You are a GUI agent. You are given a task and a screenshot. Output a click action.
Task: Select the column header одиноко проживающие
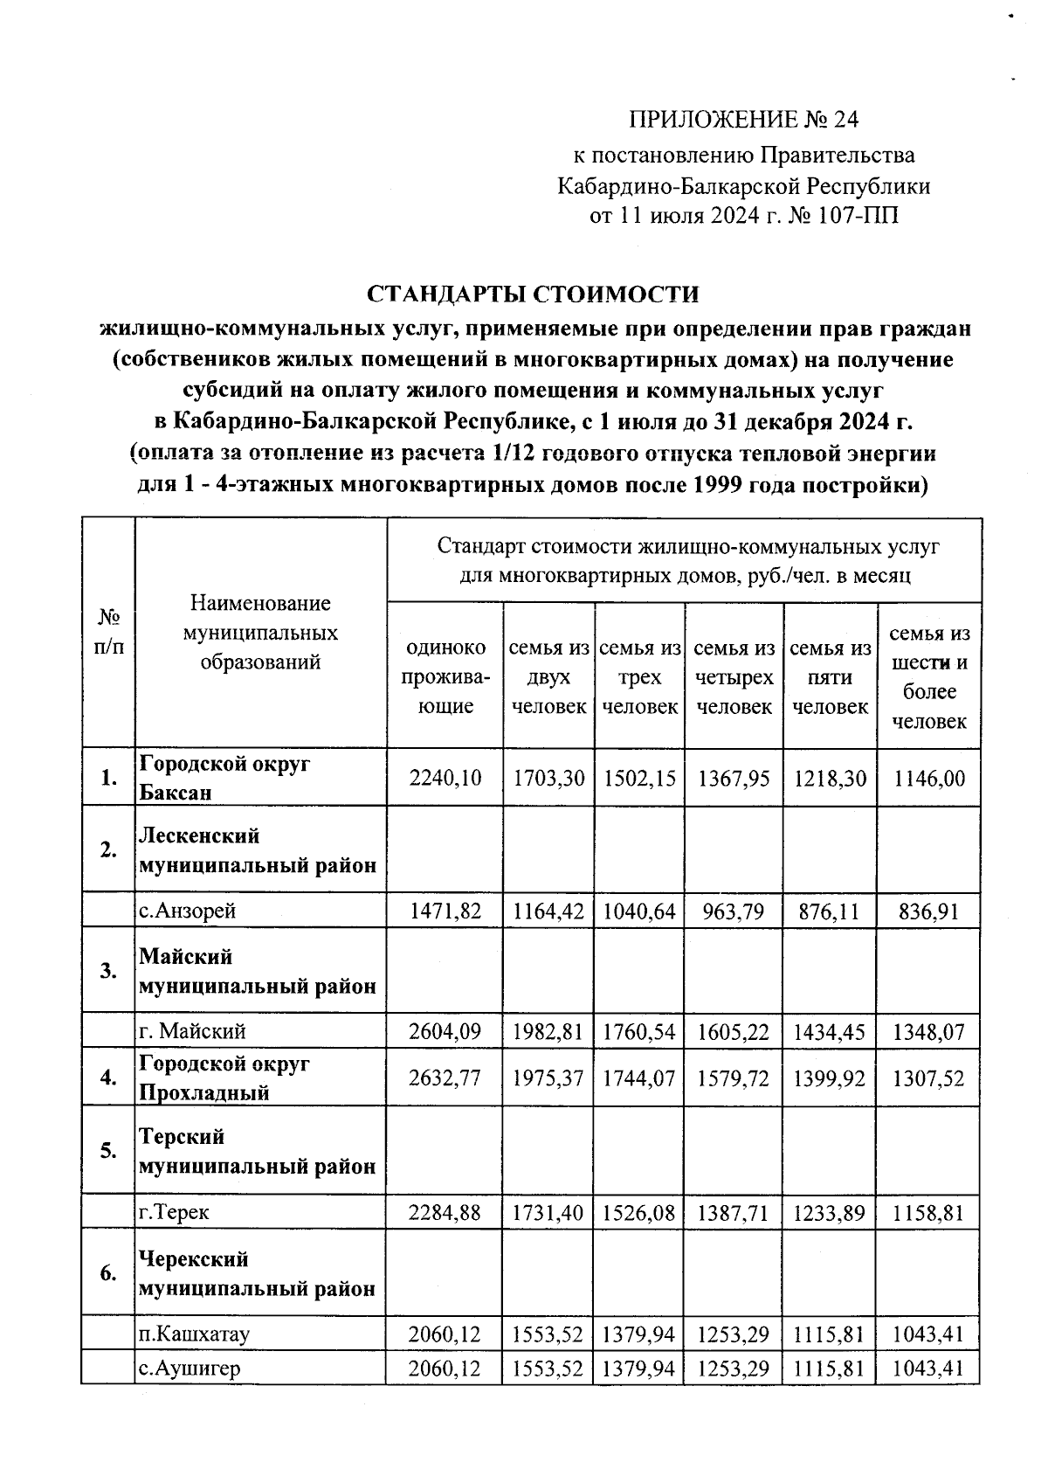point(445,677)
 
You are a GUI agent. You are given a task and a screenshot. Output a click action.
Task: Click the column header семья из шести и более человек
point(929,677)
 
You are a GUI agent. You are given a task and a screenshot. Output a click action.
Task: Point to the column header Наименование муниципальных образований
point(260,633)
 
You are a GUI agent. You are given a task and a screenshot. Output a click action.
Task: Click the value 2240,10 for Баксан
point(445,778)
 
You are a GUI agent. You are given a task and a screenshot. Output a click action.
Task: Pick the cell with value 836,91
point(929,911)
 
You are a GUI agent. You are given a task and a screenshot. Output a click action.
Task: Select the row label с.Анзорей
point(188,911)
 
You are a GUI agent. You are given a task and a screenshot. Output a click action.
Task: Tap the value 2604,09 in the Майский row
point(445,1032)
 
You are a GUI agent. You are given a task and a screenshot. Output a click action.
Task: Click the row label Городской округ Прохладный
point(224,1078)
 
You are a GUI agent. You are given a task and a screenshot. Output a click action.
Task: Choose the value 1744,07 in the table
point(639,1078)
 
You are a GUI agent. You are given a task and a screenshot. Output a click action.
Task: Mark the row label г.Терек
point(175,1212)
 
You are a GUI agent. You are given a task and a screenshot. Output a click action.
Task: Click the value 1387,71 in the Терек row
point(734,1212)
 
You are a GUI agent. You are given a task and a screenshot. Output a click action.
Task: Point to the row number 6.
point(108,1273)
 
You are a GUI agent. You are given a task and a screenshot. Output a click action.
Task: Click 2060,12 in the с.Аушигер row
point(445,1369)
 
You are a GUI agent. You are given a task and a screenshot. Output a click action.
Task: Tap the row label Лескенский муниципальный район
point(258,850)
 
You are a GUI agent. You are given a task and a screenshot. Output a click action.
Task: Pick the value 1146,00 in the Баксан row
point(929,778)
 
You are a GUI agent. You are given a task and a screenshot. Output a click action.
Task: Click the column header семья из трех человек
point(639,677)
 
